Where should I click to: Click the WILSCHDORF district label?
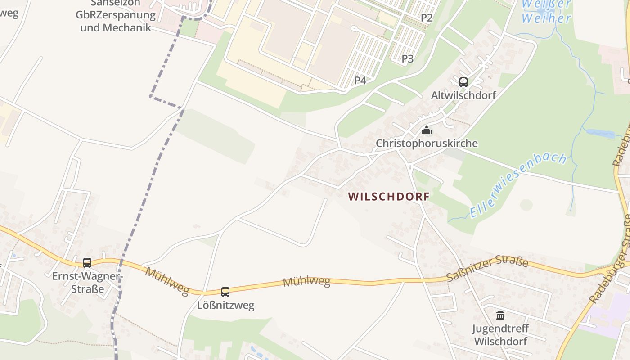point(389,197)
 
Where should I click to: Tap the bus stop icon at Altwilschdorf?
point(463,82)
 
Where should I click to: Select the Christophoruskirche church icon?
point(426,130)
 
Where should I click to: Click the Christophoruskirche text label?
point(427,144)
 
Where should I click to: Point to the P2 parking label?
point(427,18)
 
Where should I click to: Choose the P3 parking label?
point(408,58)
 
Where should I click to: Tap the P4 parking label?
point(360,81)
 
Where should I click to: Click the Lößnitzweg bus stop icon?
point(225,292)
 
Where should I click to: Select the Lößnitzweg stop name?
point(225,305)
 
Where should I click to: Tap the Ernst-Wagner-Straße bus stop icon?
point(87,263)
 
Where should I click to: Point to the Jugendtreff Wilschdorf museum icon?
point(500,315)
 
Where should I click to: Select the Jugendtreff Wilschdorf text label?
point(500,334)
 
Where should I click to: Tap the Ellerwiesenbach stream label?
point(517,185)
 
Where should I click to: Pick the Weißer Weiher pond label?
point(546,12)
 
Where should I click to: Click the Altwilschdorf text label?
point(463,95)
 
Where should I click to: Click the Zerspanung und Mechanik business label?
point(116,21)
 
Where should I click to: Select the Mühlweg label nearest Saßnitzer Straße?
point(306,282)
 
